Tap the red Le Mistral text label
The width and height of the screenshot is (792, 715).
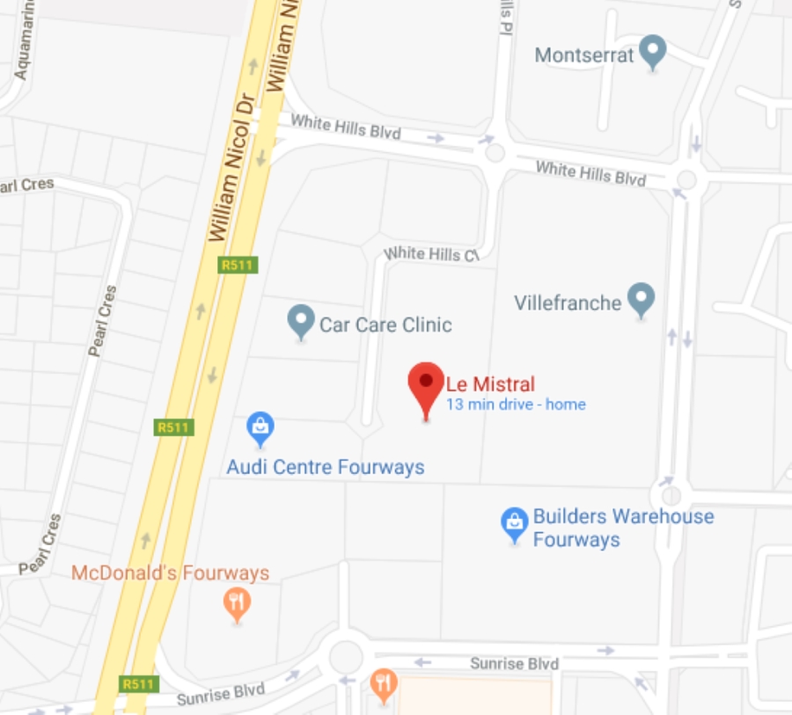tap(490, 383)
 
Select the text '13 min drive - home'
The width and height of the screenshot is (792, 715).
tap(516, 405)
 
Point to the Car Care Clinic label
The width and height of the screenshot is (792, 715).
tap(385, 325)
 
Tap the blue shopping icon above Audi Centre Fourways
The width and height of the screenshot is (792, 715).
tap(260, 428)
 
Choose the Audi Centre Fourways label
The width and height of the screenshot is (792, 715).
tap(326, 467)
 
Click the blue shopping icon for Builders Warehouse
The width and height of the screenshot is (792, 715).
tap(514, 523)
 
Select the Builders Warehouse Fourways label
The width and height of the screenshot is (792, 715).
tap(623, 527)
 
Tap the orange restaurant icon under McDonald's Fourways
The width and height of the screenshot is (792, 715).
tap(237, 603)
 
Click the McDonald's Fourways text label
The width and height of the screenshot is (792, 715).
tap(170, 573)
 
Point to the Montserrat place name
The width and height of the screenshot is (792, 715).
tap(584, 55)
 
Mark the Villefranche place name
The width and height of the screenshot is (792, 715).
tap(568, 303)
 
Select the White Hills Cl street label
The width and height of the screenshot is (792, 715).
tap(431, 254)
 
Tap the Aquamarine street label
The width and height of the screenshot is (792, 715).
tap(23, 49)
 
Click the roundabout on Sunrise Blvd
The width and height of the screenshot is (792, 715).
tap(345, 655)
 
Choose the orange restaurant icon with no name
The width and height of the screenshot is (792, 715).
tap(383, 684)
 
